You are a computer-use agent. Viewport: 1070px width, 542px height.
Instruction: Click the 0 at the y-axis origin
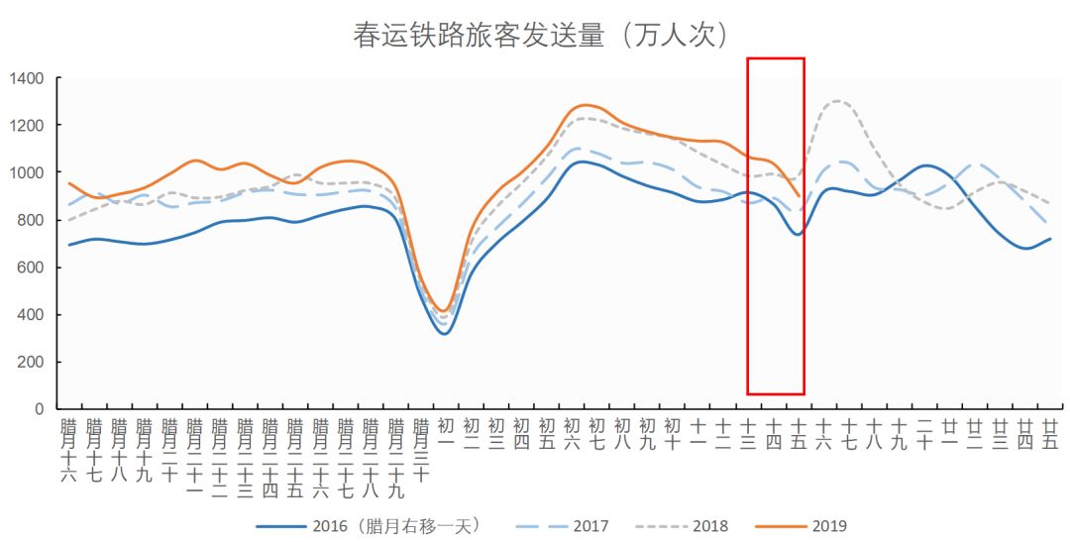tap(40, 409)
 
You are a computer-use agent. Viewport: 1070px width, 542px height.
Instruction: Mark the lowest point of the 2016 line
tap(445, 333)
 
